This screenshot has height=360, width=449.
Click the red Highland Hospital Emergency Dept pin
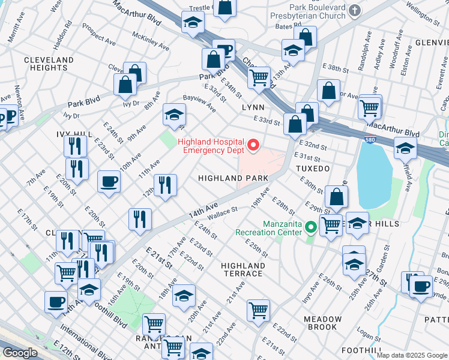point(253,145)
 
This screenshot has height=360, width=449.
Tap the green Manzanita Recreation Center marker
point(311,227)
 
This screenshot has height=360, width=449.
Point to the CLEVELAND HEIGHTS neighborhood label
point(49,64)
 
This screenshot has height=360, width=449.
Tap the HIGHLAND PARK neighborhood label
point(234,178)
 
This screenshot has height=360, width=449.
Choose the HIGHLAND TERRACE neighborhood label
point(242,269)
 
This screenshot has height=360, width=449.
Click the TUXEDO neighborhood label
point(313,169)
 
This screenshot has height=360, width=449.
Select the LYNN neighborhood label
point(253,107)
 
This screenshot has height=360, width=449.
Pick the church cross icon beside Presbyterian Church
point(355,10)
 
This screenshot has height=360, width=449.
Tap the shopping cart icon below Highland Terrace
point(258,310)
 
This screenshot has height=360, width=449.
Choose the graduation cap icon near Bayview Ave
point(173,114)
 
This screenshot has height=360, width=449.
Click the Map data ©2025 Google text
point(412,355)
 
